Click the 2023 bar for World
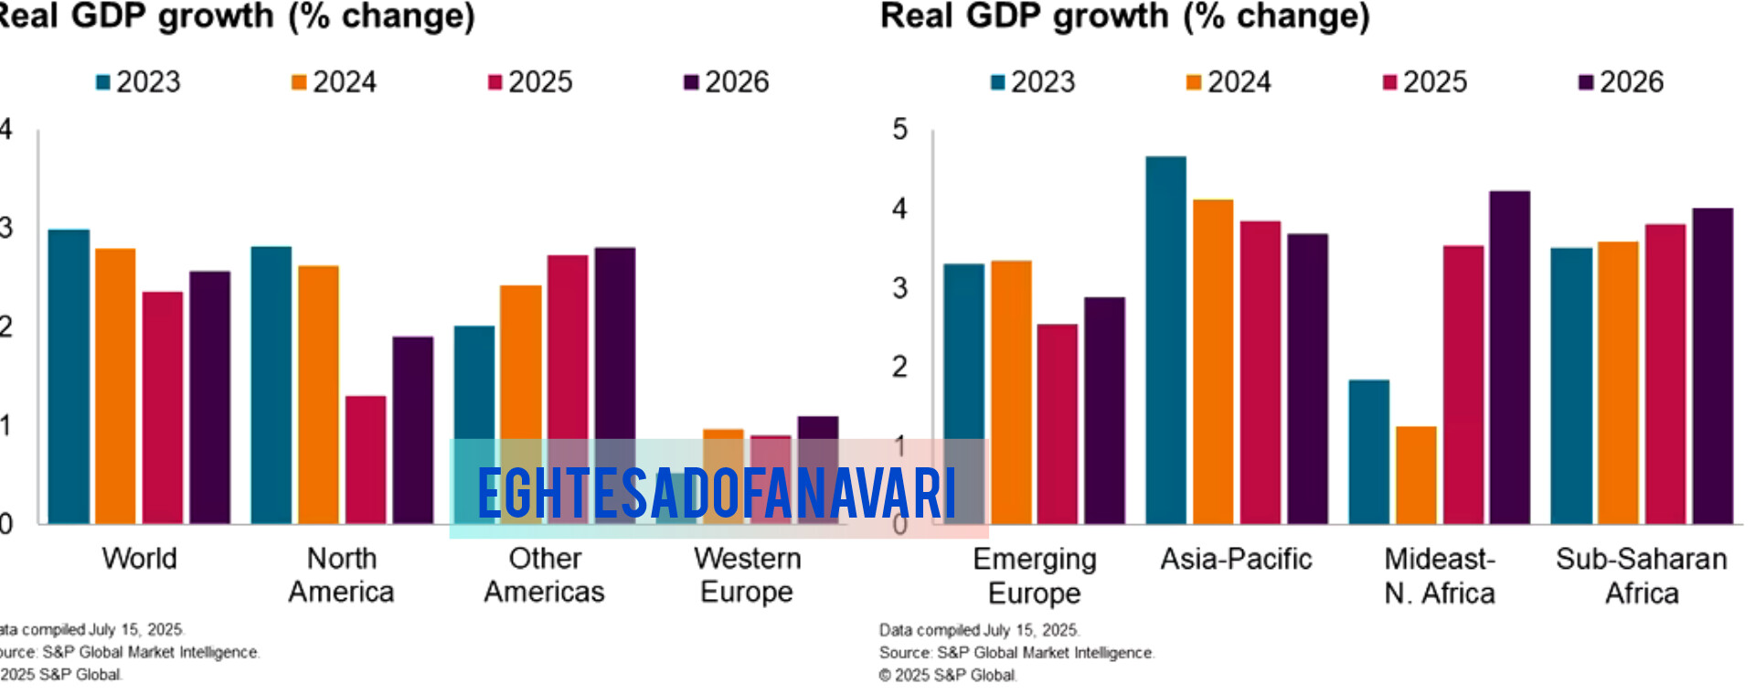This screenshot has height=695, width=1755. tap(69, 375)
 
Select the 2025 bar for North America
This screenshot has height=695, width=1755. tap(366, 457)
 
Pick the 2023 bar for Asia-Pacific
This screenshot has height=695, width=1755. tap(1166, 338)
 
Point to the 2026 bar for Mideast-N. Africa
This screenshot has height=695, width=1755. tap(1509, 357)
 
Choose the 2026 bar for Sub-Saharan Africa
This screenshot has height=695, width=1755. tap(1712, 366)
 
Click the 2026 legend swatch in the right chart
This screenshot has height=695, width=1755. tap(1586, 83)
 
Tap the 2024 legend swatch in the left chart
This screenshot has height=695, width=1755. tap(299, 83)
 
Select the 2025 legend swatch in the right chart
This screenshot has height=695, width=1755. tap(1390, 83)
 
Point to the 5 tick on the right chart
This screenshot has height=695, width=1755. tap(900, 130)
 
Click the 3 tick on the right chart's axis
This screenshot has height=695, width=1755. tap(900, 288)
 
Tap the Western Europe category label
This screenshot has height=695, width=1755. tap(747, 575)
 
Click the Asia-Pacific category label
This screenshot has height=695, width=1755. tap(1236, 559)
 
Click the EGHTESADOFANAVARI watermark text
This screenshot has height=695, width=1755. tap(717, 493)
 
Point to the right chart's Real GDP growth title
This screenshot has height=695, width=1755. tap(1124, 16)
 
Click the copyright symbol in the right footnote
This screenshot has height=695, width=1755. tap(885, 676)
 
